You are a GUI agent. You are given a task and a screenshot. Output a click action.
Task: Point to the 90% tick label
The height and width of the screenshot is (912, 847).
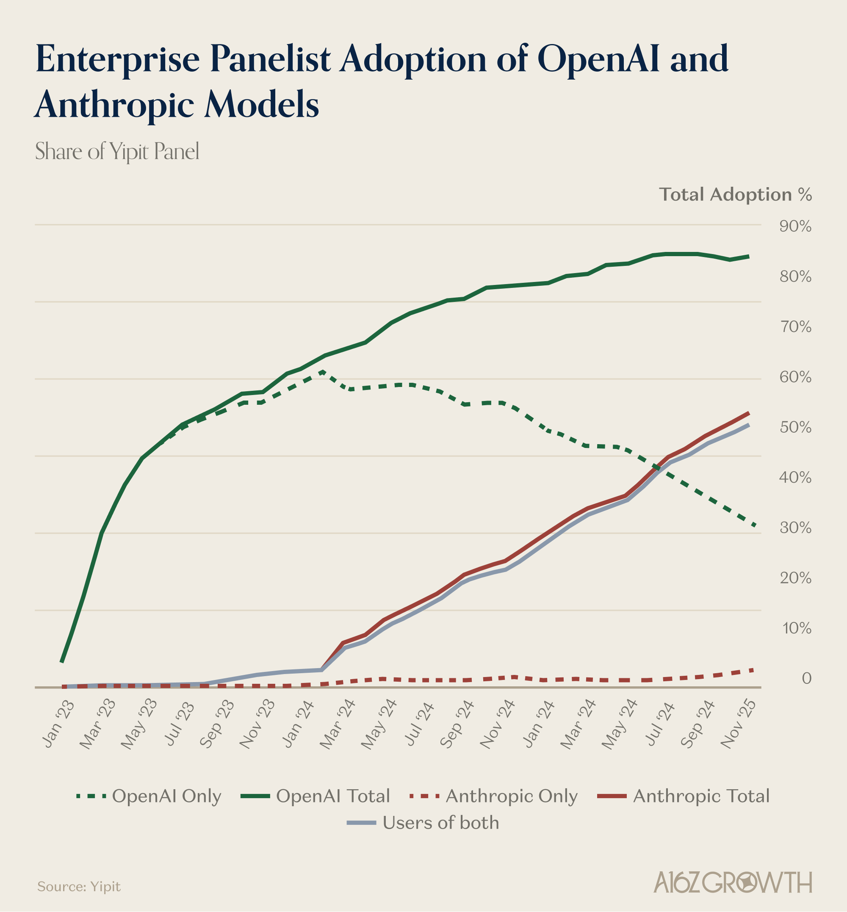795,227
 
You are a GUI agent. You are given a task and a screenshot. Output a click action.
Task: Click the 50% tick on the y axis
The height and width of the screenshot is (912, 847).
795,428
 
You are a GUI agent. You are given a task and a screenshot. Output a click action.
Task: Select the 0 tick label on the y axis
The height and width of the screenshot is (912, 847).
806,678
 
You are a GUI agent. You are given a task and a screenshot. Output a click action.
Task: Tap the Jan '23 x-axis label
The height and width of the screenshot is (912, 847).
58,724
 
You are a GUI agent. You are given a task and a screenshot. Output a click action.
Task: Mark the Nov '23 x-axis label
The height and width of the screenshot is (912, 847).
257,724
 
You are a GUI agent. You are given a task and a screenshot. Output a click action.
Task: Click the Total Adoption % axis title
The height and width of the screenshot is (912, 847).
735,195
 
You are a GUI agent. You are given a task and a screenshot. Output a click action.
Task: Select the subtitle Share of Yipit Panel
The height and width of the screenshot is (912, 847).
117,151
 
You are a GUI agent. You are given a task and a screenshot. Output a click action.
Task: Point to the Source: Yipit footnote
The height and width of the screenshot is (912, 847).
79,886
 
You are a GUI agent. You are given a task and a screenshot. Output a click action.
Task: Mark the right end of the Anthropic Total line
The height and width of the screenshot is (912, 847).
748,413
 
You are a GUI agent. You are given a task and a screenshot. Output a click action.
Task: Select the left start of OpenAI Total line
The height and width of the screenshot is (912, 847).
61,661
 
